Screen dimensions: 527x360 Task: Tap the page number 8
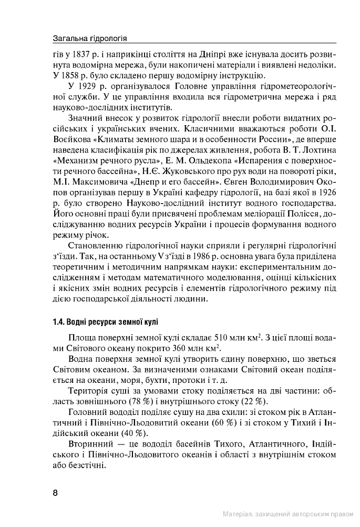pos(55,493)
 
